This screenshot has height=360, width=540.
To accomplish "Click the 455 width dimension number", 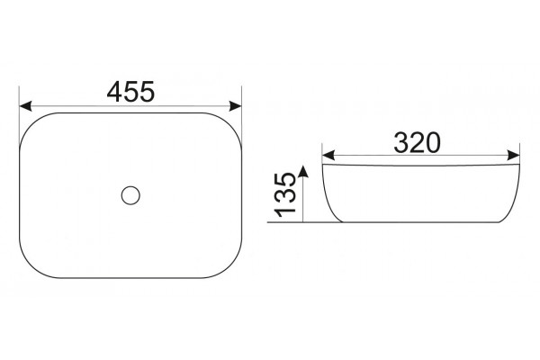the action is click(x=130, y=92).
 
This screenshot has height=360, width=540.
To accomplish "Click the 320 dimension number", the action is click(x=417, y=142).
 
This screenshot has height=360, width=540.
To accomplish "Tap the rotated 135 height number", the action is click(x=285, y=195).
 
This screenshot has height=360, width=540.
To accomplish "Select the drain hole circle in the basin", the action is click(x=130, y=195).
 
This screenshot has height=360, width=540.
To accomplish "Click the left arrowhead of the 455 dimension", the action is click(x=25, y=106).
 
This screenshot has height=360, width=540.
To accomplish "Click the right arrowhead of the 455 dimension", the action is click(x=235, y=106).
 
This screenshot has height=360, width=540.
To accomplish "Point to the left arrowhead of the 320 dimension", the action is click(x=328, y=156).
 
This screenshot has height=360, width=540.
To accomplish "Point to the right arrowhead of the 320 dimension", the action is click(x=514, y=156).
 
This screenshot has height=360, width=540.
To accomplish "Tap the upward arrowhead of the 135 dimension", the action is click(x=302, y=171).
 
